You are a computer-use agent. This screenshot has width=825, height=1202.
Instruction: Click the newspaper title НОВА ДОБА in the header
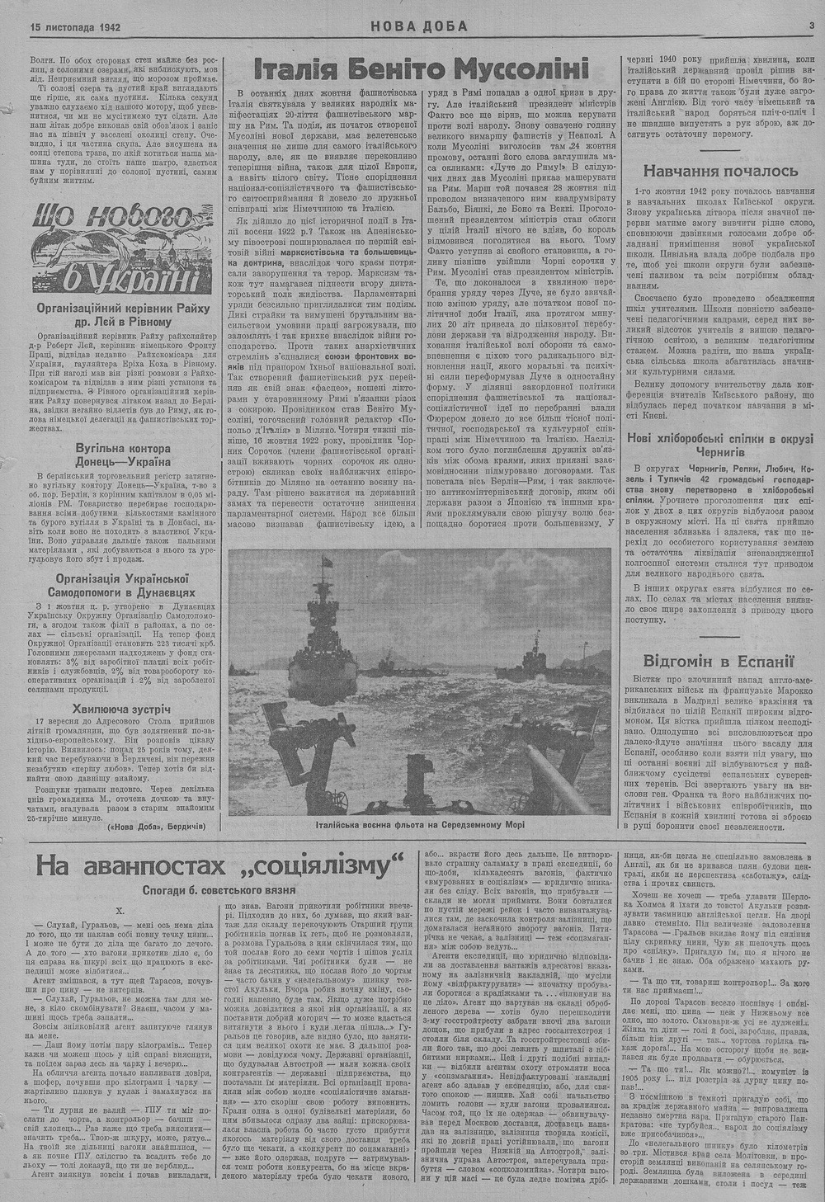pos(418,26)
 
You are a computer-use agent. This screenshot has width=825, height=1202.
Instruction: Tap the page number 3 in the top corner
pos(812,26)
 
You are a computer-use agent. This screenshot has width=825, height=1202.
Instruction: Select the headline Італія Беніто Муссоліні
pos(421,68)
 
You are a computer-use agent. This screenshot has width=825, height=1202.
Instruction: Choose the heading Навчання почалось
pos(720,171)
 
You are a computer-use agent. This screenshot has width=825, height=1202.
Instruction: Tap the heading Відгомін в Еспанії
pos(720,660)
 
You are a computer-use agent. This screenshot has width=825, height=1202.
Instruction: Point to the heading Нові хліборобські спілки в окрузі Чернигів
pos(720,446)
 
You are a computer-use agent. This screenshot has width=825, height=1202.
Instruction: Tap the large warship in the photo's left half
pos(318,643)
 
